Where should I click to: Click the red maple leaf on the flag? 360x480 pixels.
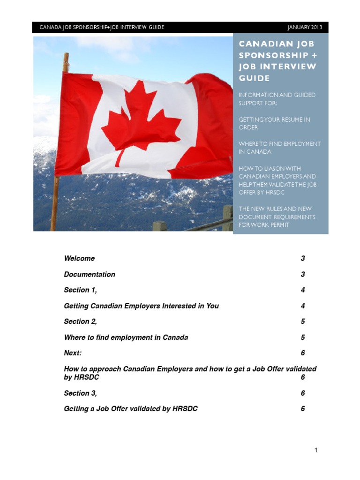point(141,122)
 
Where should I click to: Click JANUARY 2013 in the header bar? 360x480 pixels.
point(305,27)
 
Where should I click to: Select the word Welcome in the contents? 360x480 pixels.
point(79,258)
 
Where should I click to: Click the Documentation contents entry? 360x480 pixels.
point(90,274)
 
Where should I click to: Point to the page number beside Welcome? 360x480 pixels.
point(303,258)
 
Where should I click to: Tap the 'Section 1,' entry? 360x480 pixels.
point(80,290)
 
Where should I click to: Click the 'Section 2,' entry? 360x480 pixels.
point(80,321)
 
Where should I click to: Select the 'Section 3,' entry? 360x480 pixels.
point(80,393)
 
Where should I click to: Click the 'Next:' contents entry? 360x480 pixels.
point(73,352)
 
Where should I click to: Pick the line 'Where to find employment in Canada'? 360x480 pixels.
point(126,337)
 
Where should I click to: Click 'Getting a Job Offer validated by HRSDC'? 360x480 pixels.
point(131,409)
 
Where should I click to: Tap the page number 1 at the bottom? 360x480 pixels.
point(316,450)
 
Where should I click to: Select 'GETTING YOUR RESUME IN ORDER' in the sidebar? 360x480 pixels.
point(274,123)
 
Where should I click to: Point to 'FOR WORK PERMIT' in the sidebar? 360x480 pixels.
point(263,225)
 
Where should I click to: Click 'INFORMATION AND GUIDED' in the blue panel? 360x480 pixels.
point(277,95)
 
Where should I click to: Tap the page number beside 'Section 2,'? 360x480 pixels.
point(303,321)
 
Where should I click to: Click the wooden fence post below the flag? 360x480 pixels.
point(227,218)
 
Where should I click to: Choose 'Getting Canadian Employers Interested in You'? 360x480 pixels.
point(141,306)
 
